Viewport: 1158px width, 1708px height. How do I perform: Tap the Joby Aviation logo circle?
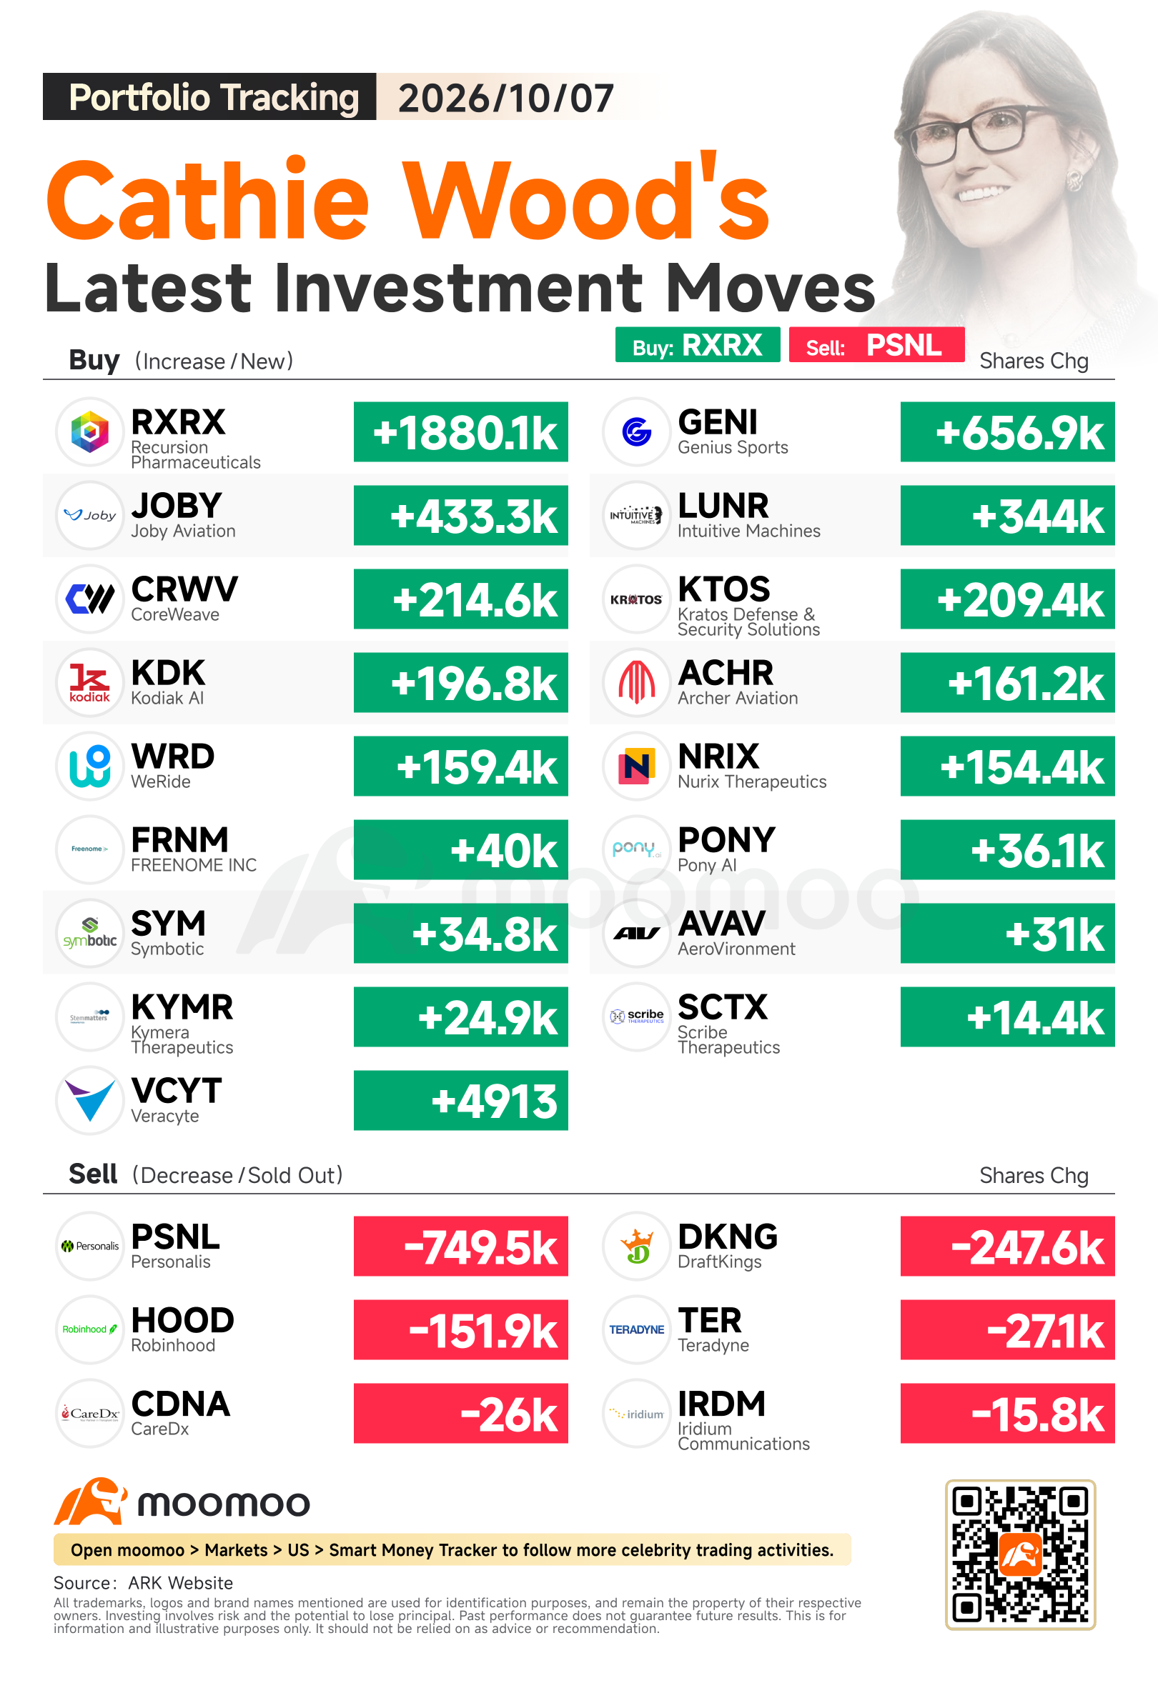(x=89, y=515)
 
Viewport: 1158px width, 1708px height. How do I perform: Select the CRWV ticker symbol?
(x=184, y=589)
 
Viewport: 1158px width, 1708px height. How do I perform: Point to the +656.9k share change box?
(x=1007, y=432)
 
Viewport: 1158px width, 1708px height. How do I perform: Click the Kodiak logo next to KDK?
(x=89, y=683)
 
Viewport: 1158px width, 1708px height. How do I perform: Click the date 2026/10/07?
(x=506, y=98)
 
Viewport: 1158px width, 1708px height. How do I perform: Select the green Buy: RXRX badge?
(x=698, y=345)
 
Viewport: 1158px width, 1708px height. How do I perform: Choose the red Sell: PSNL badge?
(x=876, y=345)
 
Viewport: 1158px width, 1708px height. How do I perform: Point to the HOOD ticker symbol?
(x=182, y=1321)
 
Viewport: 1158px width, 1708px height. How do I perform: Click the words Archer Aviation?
(x=738, y=698)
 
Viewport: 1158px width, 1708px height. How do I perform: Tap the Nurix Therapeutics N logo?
(x=637, y=766)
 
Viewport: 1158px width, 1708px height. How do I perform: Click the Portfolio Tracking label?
(x=213, y=98)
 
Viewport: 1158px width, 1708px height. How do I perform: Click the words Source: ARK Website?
(x=144, y=1583)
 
